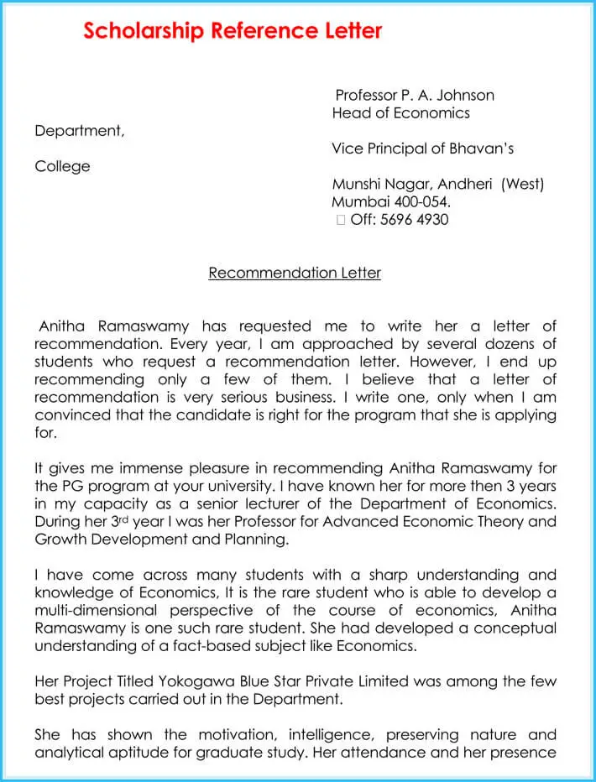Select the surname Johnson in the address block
[x=463, y=95]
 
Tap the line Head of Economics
[x=400, y=113]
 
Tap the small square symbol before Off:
[x=340, y=221]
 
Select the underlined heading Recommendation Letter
[x=295, y=274]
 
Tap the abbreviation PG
[x=72, y=487]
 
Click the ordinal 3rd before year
[x=114, y=522]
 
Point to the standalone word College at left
[x=62, y=167]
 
